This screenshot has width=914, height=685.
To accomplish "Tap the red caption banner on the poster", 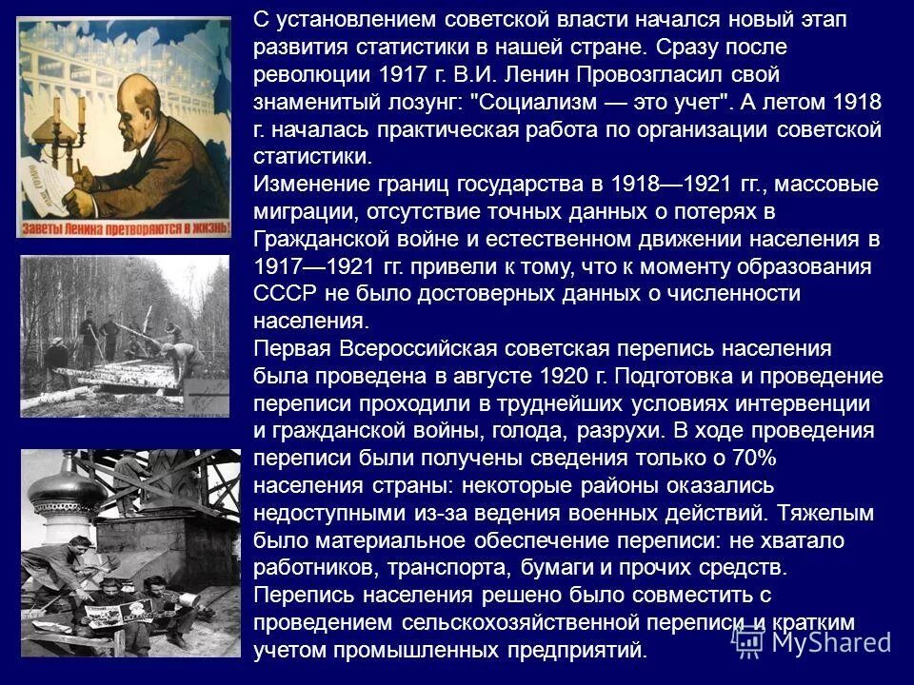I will tap(125, 225).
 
